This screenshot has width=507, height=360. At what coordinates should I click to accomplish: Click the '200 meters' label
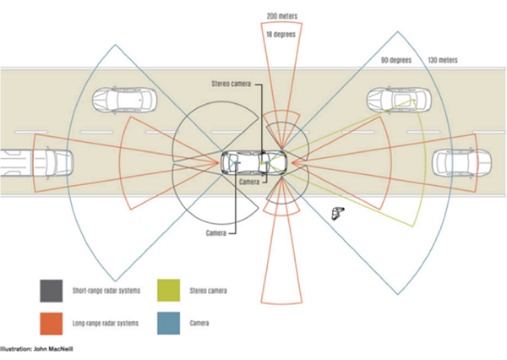click(x=282, y=16)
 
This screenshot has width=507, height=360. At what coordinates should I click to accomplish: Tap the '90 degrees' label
click(x=396, y=60)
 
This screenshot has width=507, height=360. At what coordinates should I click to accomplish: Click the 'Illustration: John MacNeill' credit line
click(x=32, y=346)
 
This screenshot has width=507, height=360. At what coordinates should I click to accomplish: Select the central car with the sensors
click(x=254, y=161)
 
